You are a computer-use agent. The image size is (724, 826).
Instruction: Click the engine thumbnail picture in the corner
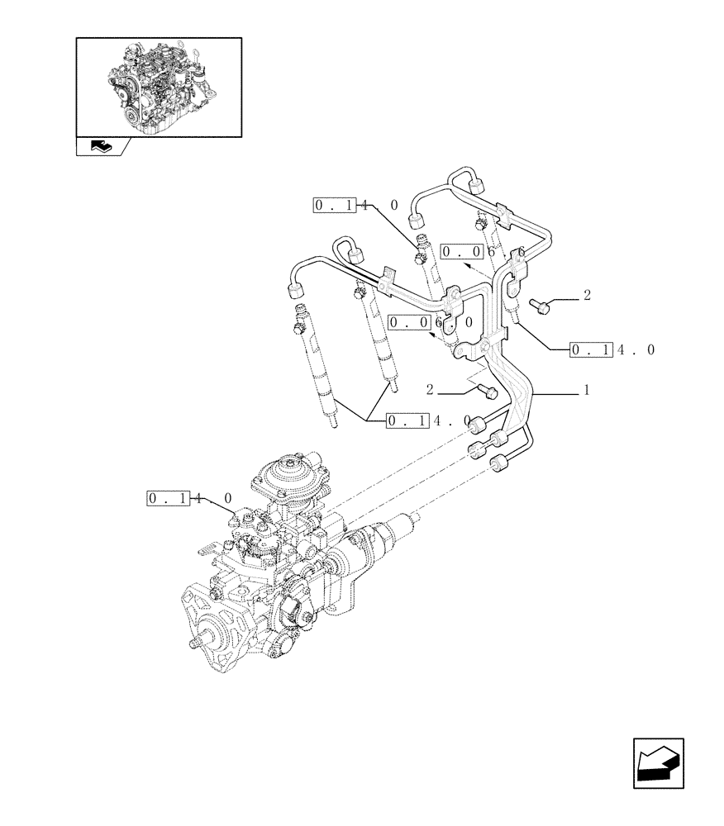point(159,86)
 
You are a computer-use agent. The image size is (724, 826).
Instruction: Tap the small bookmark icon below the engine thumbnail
point(100,147)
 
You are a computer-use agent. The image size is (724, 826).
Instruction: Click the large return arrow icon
point(658,763)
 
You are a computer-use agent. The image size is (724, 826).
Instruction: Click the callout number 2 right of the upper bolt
point(586,294)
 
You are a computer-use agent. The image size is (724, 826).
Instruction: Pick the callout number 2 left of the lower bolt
point(431,388)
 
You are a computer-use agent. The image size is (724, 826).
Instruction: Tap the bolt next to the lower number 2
point(486,392)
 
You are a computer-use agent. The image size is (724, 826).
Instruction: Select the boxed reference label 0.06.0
point(431,322)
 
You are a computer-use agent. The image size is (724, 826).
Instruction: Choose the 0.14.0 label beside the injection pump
point(190,498)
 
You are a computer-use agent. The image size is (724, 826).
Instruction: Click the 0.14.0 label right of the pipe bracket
point(612,350)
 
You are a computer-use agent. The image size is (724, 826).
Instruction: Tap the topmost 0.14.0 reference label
point(355,206)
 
